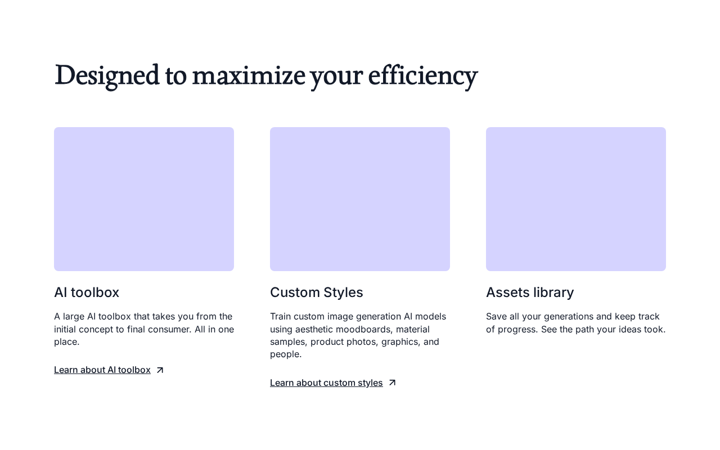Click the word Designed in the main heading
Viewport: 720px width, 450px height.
point(107,76)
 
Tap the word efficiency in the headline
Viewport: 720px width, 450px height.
point(423,76)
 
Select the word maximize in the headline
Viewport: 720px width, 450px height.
point(249,76)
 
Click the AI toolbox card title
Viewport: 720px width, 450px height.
point(87,292)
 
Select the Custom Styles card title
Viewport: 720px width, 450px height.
point(316,292)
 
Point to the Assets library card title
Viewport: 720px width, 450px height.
point(530,292)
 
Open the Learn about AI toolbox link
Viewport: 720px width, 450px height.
point(102,370)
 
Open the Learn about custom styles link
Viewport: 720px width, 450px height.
point(326,383)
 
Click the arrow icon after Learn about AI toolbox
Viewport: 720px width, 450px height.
point(160,370)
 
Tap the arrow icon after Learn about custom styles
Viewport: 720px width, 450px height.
point(392,382)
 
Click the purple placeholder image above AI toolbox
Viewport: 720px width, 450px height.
point(144,199)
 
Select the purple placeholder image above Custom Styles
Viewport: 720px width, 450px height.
point(360,199)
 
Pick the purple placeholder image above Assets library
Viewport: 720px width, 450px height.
point(576,199)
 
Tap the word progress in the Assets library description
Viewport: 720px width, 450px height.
point(518,330)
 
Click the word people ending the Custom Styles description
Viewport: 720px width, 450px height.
point(286,354)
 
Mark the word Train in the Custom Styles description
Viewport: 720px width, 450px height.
point(280,317)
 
